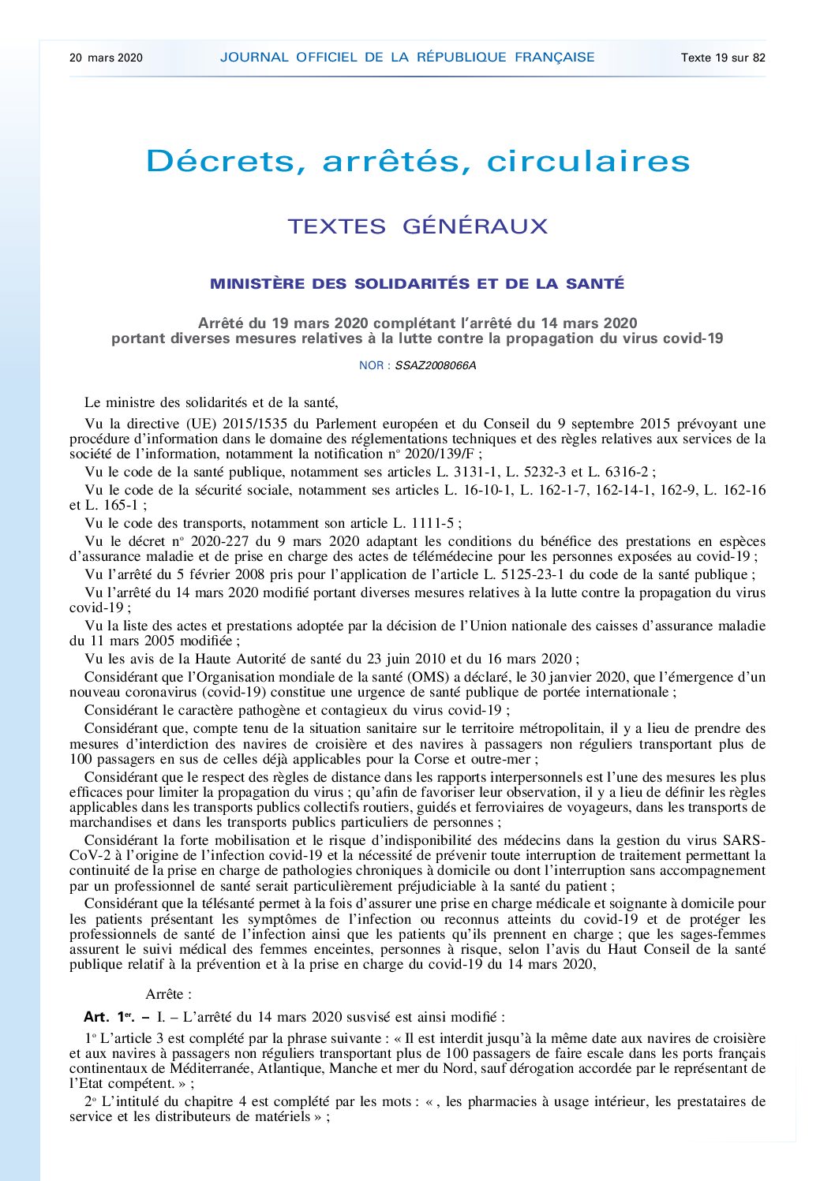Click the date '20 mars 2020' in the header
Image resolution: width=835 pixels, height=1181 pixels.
[106, 58]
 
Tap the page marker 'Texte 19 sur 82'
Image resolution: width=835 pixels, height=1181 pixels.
[723, 58]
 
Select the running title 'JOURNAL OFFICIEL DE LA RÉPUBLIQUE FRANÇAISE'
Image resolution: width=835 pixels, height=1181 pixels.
[407, 57]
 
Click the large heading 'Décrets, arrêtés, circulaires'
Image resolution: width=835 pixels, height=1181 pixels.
[417, 162]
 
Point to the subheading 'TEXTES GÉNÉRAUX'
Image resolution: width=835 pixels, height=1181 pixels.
[417, 226]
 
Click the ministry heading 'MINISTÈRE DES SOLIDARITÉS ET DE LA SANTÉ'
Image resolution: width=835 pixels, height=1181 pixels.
[417, 284]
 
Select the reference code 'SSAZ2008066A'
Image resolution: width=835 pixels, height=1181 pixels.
[436, 366]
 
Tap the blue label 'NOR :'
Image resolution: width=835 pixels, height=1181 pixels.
[375, 366]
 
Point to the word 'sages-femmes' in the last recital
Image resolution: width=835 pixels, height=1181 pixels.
[724, 935]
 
